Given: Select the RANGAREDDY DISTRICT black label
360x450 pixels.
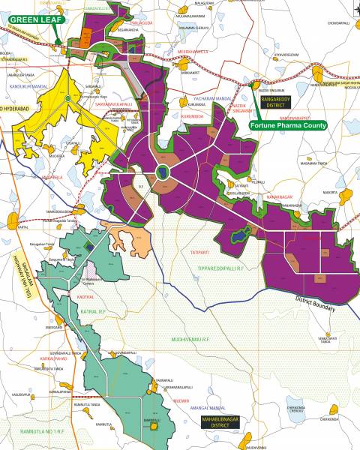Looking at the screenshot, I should point(277,101).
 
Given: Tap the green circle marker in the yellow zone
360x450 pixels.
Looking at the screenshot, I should point(68,98).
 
